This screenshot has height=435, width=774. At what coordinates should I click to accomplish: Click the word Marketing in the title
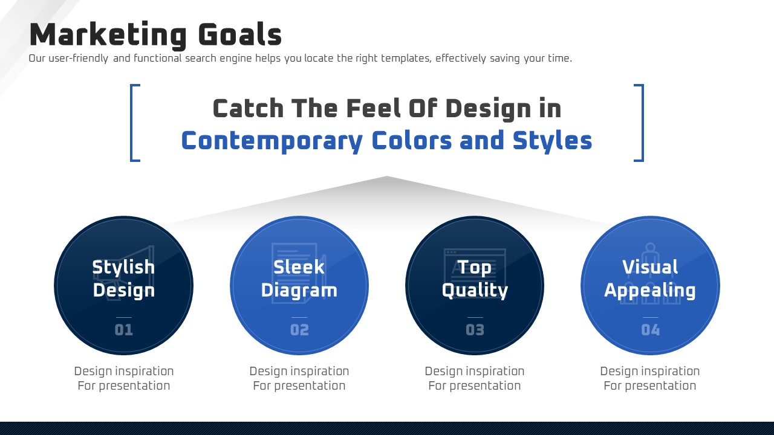pyautogui.click(x=108, y=35)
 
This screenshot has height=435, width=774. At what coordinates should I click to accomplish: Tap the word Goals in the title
pyautogui.click(x=240, y=34)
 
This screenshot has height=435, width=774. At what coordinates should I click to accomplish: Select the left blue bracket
pyautogui.click(x=135, y=123)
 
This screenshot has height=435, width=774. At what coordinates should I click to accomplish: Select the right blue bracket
pyautogui.click(x=639, y=123)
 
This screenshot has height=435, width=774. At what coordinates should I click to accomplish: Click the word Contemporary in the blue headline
pyautogui.click(x=272, y=141)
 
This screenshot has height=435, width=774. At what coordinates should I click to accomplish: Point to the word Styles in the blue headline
pyautogui.click(x=552, y=141)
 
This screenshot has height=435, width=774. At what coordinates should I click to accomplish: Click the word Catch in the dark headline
pyautogui.click(x=248, y=108)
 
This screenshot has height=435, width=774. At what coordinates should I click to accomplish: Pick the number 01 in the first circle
pyautogui.click(x=124, y=330)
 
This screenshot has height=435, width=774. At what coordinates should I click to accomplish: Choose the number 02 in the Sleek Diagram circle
pyautogui.click(x=299, y=330)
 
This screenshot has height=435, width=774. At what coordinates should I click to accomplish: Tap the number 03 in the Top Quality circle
pyautogui.click(x=475, y=330)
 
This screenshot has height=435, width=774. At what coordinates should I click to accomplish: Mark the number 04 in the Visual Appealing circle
pyautogui.click(x=650, y=330)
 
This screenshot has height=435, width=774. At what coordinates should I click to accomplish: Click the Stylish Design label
pyautogui.click(x=124, y=279)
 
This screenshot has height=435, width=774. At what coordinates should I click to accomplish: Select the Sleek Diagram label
pyautogui.click(x=299, y=279)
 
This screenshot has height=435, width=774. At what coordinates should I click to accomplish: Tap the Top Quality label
pyautogui.click(x=475, y=279)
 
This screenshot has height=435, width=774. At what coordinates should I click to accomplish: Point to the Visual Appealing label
pyautogui.click(x=650, y=279)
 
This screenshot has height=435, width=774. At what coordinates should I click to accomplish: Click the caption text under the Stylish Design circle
pyautogui.click(x=124, y=378)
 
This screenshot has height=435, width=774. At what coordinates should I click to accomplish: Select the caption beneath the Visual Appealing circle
pyautogui.click(x=650, y=378)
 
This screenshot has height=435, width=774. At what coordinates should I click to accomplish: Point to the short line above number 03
pyautogui.click(x=475, y=317)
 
